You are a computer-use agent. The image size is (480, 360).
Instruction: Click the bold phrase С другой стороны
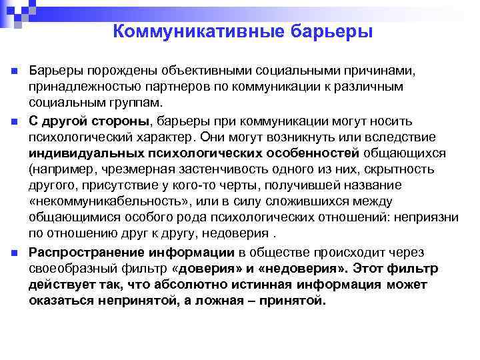91,121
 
